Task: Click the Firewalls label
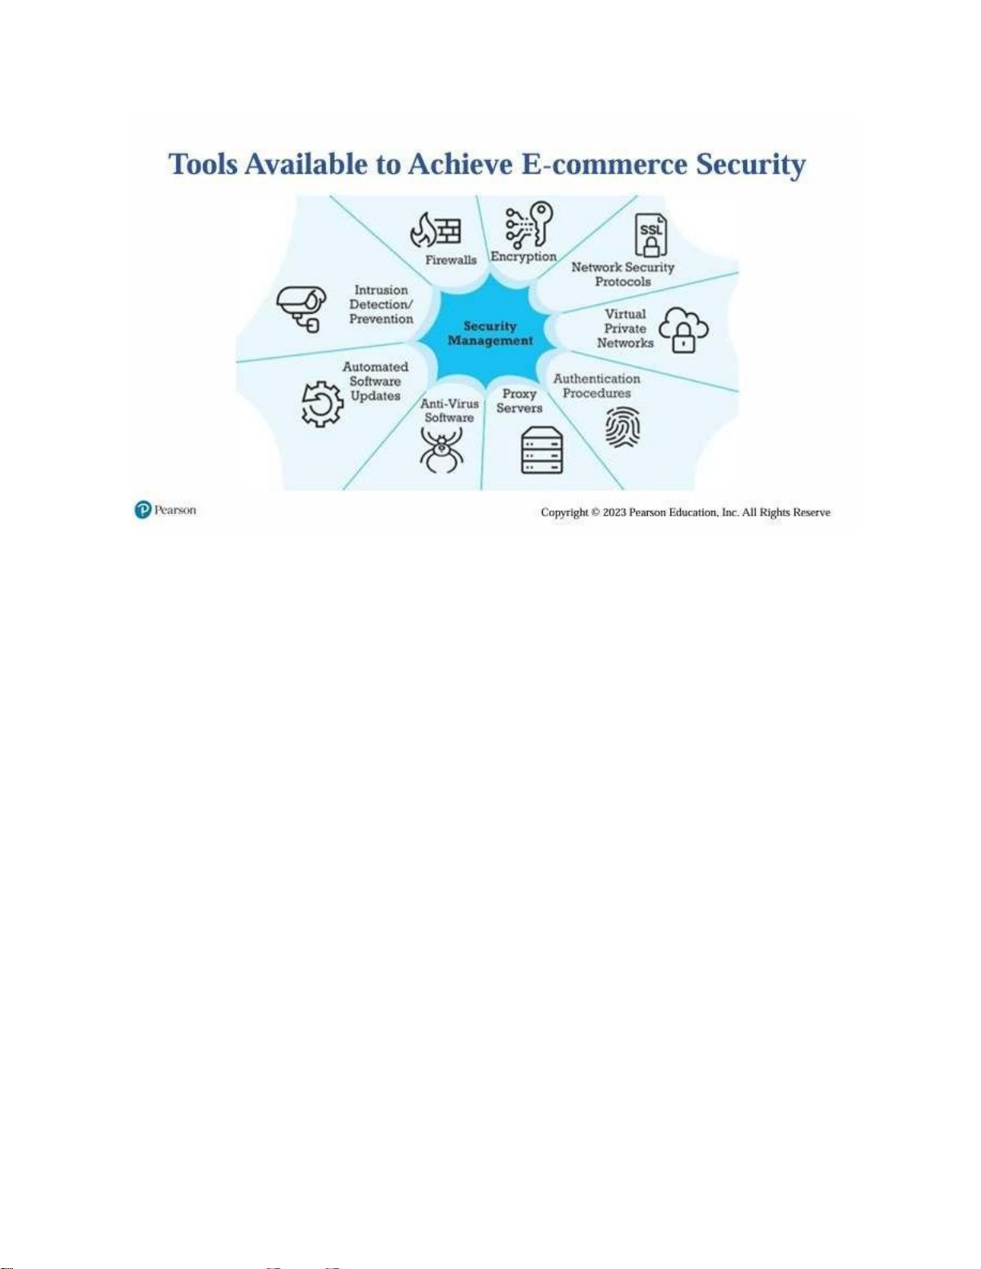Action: coord(450,259)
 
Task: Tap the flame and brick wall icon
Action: coord(436,230)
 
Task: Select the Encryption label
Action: coord(523,256)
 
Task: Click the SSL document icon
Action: coord(650,234)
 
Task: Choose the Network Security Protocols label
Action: coord(622,274)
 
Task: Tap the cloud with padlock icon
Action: coord(683,329)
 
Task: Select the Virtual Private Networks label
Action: coord(625,328)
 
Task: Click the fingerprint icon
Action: coord(622,427)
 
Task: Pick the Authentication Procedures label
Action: coord(597,386)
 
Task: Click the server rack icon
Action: coord(541,450)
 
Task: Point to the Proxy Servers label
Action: coord(519,400)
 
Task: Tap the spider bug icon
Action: coord(441,449)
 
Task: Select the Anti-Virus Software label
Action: coord(449,411)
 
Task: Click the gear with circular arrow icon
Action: coord(322,404)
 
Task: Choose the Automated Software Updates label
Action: coord(375,381)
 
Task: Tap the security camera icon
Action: coord(301,307)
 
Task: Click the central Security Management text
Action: coord(490,333)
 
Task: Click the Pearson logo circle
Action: coord(143,510)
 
